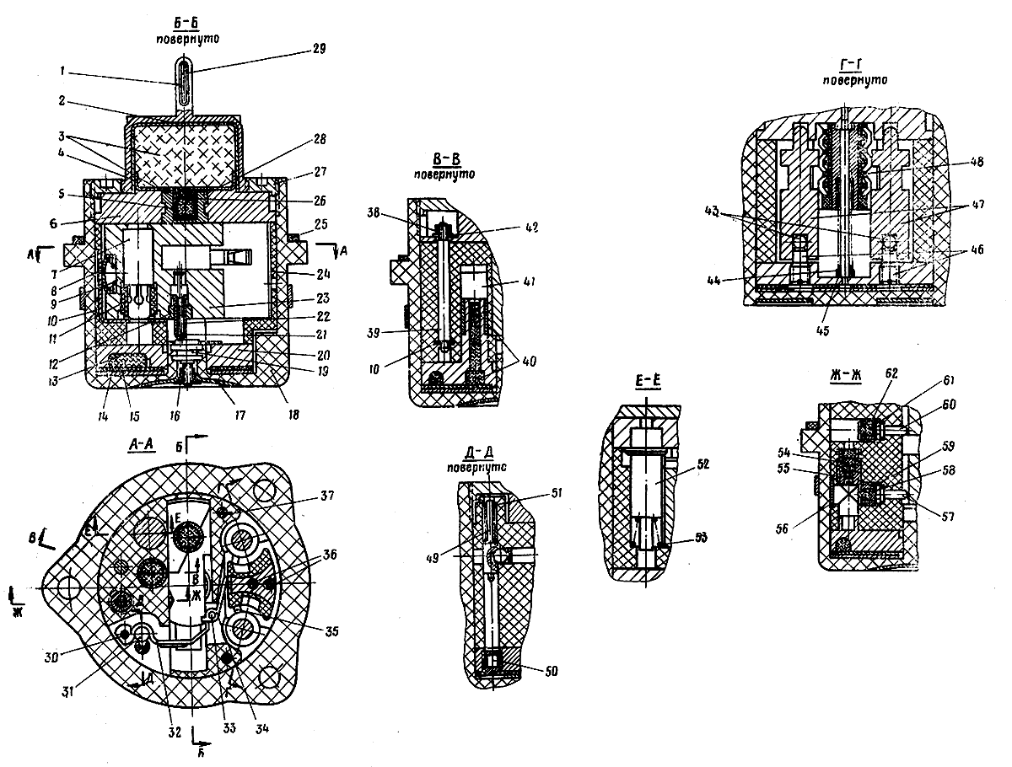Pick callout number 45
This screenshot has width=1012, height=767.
click(x=822, y=330)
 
